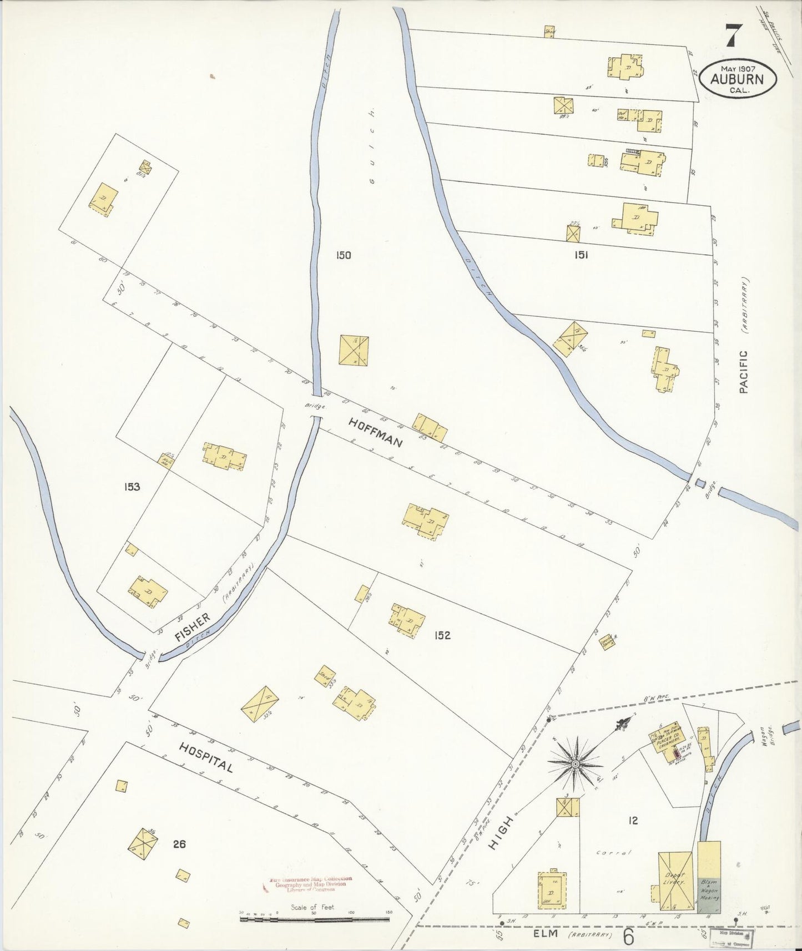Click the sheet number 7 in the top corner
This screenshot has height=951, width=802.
coord(732,38)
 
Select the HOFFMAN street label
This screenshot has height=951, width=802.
coord(375,433)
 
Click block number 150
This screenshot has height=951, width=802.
coord(343,255)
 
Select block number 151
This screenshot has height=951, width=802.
coord(581,255)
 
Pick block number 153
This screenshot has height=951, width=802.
coord(132,487)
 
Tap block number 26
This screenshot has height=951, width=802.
coord(179,844)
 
